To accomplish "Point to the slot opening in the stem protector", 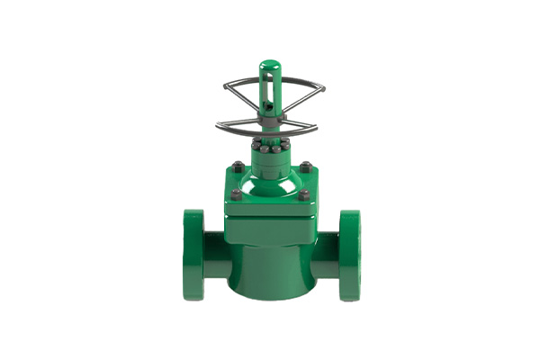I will click(x=270, y=94).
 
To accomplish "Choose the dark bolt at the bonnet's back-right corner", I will click(x=307, y=166).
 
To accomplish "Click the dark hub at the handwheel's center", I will click(x=270, y=118).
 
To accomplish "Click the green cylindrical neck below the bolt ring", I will click(x=270, y=162).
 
